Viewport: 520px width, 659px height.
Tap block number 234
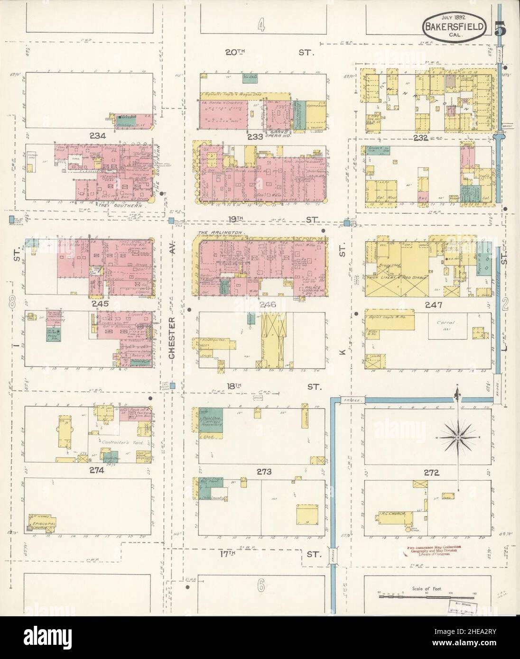pos(100,136)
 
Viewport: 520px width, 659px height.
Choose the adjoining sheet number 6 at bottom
pos(261,586)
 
